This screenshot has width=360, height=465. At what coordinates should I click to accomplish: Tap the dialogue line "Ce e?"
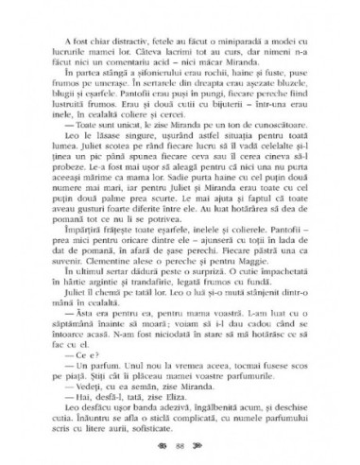(x=74, y=360)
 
